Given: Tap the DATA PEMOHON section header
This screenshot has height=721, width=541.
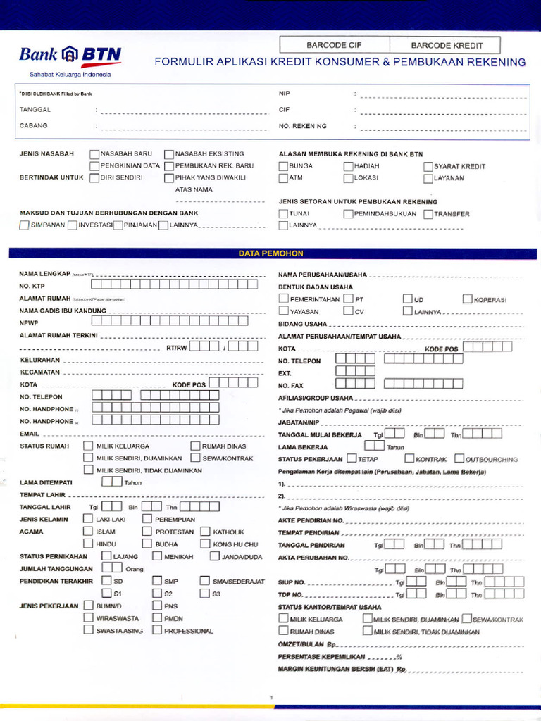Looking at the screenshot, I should pyautogui.click(x=270, y=252).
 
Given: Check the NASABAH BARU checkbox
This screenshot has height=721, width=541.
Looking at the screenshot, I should pyautogui.click(x=94, y=153).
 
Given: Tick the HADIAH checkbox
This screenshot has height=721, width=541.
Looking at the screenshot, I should pyautogui.click(x=348, y=166).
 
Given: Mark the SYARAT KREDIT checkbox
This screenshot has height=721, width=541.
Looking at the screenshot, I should pyautogui.click(x=428, y=166).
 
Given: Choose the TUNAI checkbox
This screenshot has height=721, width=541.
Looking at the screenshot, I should pyautogui.click(x=283, y=213).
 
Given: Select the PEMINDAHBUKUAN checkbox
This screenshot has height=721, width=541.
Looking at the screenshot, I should pyautogui.click(x=348, y=213).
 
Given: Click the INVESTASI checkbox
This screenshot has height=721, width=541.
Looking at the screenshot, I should pyautogui.click(x=73, y=225).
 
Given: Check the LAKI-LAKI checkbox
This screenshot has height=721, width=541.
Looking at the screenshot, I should pyautogui.click(x=88, y=519).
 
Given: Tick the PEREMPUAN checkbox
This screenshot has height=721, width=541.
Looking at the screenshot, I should pyautogui.click(x=147, y=519).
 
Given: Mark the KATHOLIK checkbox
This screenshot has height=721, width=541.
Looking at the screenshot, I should pyautogui.click(x=206, y=532).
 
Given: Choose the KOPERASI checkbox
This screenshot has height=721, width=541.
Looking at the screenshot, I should pyautogui.click(x=468, y=299).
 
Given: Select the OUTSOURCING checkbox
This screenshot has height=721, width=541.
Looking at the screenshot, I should pyautogui.click(x=459, y=459).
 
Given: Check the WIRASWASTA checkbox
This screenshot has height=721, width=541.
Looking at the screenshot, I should pyautogui.click(x=88, y=617).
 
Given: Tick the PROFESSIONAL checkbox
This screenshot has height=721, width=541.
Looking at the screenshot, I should pyautogui.click(x=157, y=630).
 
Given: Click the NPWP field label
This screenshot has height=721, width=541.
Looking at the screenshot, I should pyautogui.click(x=27, y=322).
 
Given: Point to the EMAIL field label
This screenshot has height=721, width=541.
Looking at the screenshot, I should pyautogui.click(x=30, y=434).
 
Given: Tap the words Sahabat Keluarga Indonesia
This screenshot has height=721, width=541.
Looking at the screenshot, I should pyautogui.click(x=70, y=74).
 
